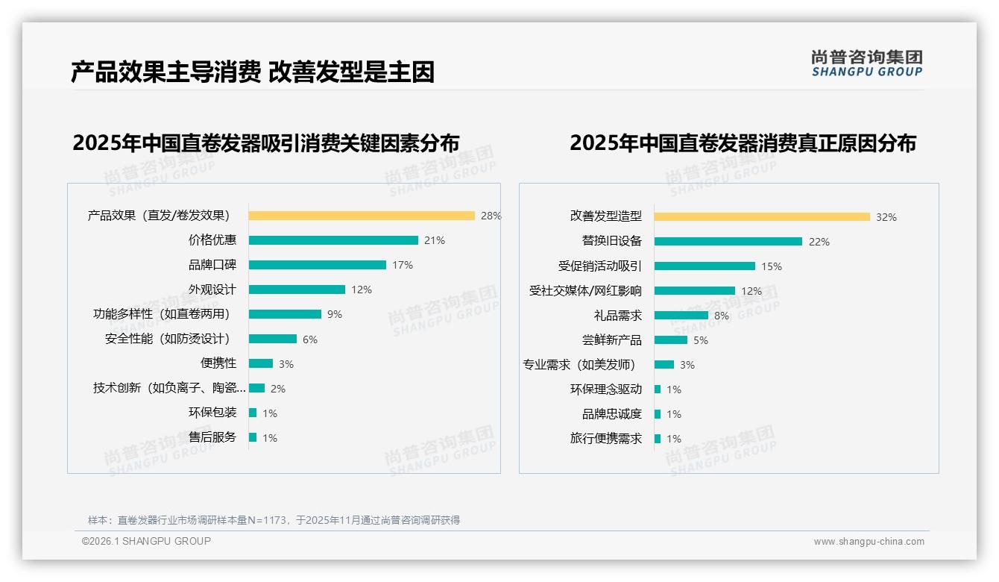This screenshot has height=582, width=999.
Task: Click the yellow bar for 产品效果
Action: (x=362, y=216)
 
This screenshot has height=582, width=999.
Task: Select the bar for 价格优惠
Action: (x=333, y=240)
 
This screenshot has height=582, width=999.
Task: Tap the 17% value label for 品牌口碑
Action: (x=403, y=265)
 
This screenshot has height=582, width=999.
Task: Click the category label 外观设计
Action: (x=212, y=290)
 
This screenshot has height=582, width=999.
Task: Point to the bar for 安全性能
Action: (x=273, y=339)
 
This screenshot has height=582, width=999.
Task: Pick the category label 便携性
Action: (x=218, y=363)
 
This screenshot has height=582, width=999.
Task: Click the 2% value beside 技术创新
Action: (x=278, y=389)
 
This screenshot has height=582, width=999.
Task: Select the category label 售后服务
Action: (x=212, y=437)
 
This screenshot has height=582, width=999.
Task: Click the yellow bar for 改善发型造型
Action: (x=762, y=217)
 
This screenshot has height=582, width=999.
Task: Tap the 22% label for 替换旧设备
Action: (x=819, y=242)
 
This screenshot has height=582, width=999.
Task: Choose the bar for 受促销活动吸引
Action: (x=705, y=266)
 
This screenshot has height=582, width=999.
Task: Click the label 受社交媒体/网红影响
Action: (x=585, y=291)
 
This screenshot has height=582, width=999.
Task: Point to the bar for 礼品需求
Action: (x=681, y=316)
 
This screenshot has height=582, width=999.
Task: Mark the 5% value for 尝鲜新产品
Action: (x=701, y=340)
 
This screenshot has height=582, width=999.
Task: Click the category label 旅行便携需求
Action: (x=606, y=439)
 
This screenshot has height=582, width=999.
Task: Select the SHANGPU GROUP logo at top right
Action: (x=866, y=63)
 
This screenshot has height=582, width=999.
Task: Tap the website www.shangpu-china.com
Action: (x=869, y=542)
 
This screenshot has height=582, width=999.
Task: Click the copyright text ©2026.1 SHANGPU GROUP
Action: (x=146, y=541)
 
